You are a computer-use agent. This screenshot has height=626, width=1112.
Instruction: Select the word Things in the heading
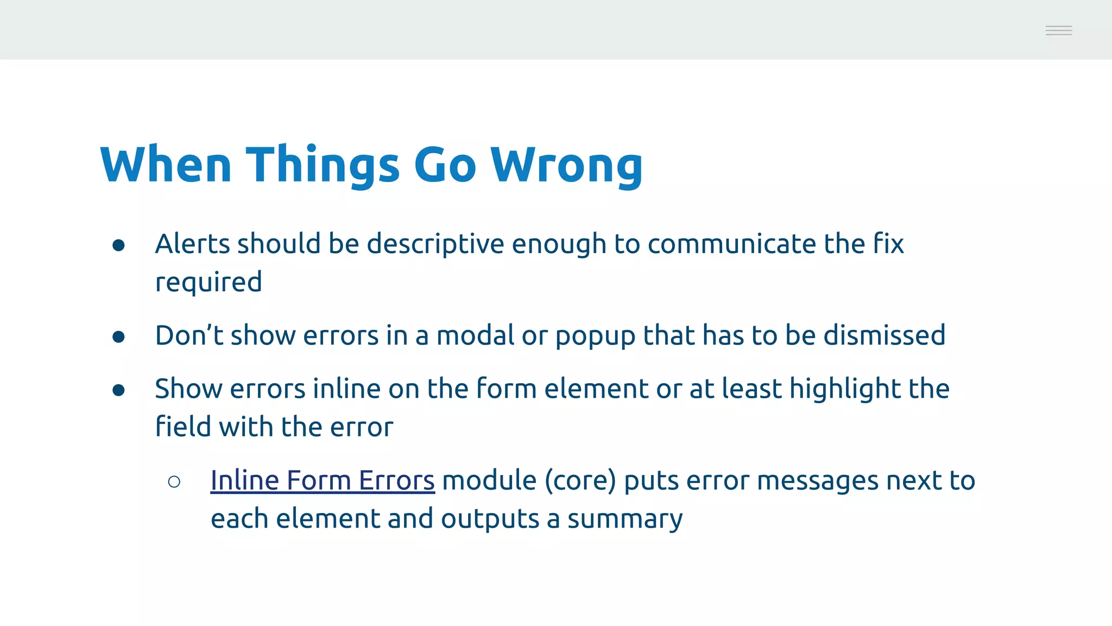323,166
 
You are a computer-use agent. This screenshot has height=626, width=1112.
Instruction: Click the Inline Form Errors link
323,480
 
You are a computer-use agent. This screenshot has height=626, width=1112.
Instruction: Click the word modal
475,335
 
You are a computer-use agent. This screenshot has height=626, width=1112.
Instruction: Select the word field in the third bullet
184,426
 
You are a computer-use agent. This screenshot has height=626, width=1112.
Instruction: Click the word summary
625,519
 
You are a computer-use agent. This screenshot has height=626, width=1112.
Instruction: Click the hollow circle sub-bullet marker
174,482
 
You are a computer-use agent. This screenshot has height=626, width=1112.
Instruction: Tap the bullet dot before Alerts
119,246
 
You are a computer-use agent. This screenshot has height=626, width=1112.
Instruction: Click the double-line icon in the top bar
1058,30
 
